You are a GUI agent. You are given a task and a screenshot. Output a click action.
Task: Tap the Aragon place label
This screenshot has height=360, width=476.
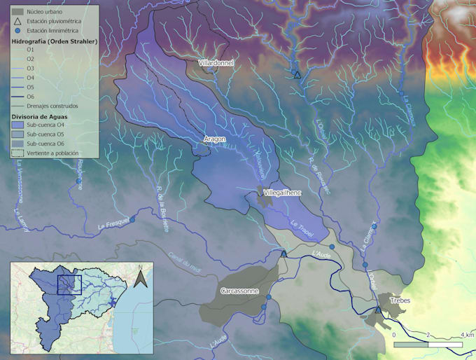click(215, 139)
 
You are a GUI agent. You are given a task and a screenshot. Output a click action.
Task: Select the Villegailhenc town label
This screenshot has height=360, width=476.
click(282, 192)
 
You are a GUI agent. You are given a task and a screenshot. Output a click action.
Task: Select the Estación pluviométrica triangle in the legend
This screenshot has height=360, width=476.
click(18, 22)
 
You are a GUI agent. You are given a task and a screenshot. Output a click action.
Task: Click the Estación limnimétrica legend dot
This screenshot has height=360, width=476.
click(18, 32)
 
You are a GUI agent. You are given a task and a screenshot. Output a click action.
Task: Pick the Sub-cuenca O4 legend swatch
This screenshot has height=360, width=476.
click(18, 124)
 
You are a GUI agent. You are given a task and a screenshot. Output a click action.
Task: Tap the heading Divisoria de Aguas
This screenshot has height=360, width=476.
click(41, 115)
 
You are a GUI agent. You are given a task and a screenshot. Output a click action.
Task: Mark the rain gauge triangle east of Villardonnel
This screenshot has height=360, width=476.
click(297, 74)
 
